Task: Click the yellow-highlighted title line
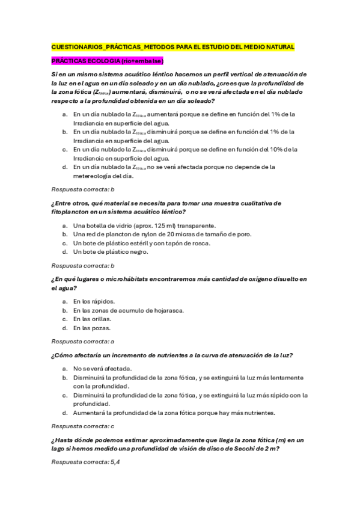[172, 46]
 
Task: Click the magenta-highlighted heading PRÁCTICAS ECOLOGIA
[108, 61]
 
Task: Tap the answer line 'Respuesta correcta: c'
[83, 426]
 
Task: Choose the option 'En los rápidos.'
[94, 301]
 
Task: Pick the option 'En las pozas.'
[92, 328]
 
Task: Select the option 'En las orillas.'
[94, 319]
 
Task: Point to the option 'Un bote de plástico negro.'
[111, 252]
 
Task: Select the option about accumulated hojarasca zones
[129, 310]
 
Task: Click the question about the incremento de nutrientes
[172, 355]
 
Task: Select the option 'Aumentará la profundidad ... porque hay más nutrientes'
[174, 413]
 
